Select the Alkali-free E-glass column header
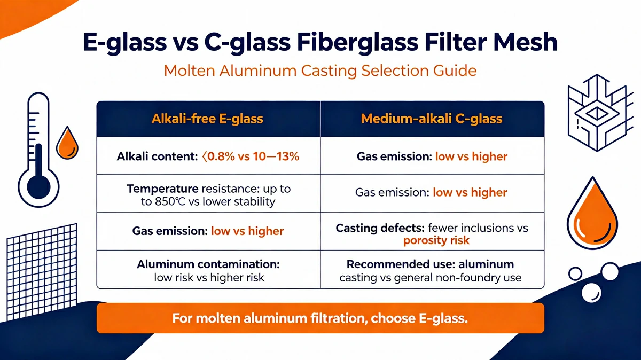(x=207, y=119)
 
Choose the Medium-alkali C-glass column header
(x=432, y=119)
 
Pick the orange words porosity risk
(x=436, y=241)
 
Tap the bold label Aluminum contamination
(x=208, y=264)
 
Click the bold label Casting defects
(x=380, y=228)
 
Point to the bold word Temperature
(x=162, y=189)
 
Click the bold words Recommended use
(x=401, y=264)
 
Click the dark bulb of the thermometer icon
(x=38, y=187)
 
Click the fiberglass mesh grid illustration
(x=42, y=272)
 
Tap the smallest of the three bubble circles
(x=575, y=273)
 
